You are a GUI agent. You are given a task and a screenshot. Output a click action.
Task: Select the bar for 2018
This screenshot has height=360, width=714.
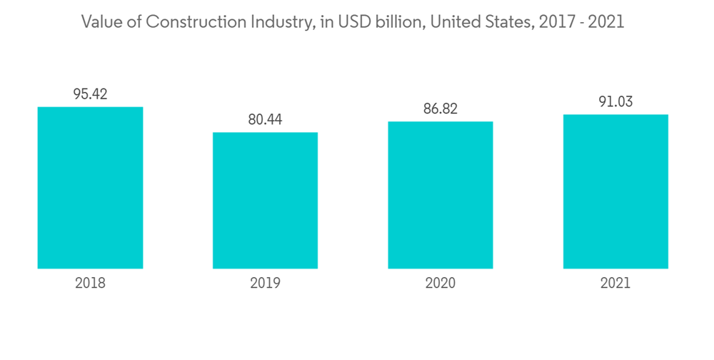pos(90,188)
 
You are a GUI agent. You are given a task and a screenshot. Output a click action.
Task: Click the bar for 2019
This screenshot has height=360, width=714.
pos(265,201)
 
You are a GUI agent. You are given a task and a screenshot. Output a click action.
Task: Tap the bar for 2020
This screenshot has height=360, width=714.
pos(440,195)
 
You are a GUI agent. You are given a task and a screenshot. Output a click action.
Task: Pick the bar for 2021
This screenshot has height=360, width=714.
pos(615,191)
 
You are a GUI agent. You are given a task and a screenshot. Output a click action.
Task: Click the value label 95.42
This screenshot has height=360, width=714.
pos(90,94)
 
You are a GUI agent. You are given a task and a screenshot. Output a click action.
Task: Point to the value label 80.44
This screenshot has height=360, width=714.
pos(265,119)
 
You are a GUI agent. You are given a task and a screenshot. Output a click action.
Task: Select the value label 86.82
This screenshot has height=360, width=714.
pos(440,109)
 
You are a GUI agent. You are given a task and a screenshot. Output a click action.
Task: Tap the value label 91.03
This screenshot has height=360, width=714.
pos(615,101)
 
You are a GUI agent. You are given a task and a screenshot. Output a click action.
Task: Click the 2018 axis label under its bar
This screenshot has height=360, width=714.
pos(90,283)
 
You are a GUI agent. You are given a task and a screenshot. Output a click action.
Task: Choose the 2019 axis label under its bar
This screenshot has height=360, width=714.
pos(265,283)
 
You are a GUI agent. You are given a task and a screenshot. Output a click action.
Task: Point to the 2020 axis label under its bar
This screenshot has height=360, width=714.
pos(440,283)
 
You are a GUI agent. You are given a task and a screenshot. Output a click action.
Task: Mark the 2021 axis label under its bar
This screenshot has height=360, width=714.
pos(615,283)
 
